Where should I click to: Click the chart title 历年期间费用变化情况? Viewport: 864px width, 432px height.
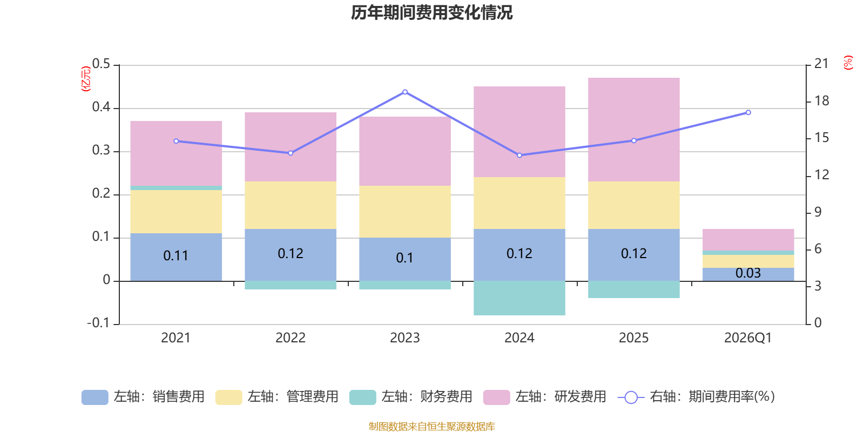click(431, 12)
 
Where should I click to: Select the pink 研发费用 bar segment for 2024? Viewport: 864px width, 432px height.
click(519, 132)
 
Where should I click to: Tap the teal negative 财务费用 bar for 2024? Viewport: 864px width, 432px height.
click(519, 298)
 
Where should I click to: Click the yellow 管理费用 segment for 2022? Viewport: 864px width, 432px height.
click(291, 205)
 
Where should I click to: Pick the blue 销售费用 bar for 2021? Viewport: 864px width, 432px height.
click(176, 257)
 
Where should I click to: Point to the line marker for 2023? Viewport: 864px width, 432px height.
click(405, 92)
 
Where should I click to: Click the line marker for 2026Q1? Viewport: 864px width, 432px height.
click(748, 112)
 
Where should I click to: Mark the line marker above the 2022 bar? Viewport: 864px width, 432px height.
click(291, 153)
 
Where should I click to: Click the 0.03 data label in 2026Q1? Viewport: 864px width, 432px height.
click(748, 273)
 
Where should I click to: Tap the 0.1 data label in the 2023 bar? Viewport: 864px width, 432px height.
click(404, 258)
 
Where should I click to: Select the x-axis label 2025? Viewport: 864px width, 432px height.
click(633, 338)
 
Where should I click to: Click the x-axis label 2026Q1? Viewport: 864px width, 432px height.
click(748, 338)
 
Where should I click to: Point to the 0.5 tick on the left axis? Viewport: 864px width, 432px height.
click(101, 64)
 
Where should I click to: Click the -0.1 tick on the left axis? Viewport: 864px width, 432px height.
click(98, 323)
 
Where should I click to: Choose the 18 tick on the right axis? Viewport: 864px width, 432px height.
click(822, 101)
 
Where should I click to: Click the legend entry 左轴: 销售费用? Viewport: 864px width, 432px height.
click(143, 397)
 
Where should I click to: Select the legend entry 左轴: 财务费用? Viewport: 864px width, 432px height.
click(411, 397)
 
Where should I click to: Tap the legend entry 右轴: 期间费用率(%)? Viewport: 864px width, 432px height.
click(697, 397)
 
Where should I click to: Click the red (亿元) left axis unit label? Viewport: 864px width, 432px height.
click(86, 79)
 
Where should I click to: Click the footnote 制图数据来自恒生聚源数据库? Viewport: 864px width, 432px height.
click(431, 427)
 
